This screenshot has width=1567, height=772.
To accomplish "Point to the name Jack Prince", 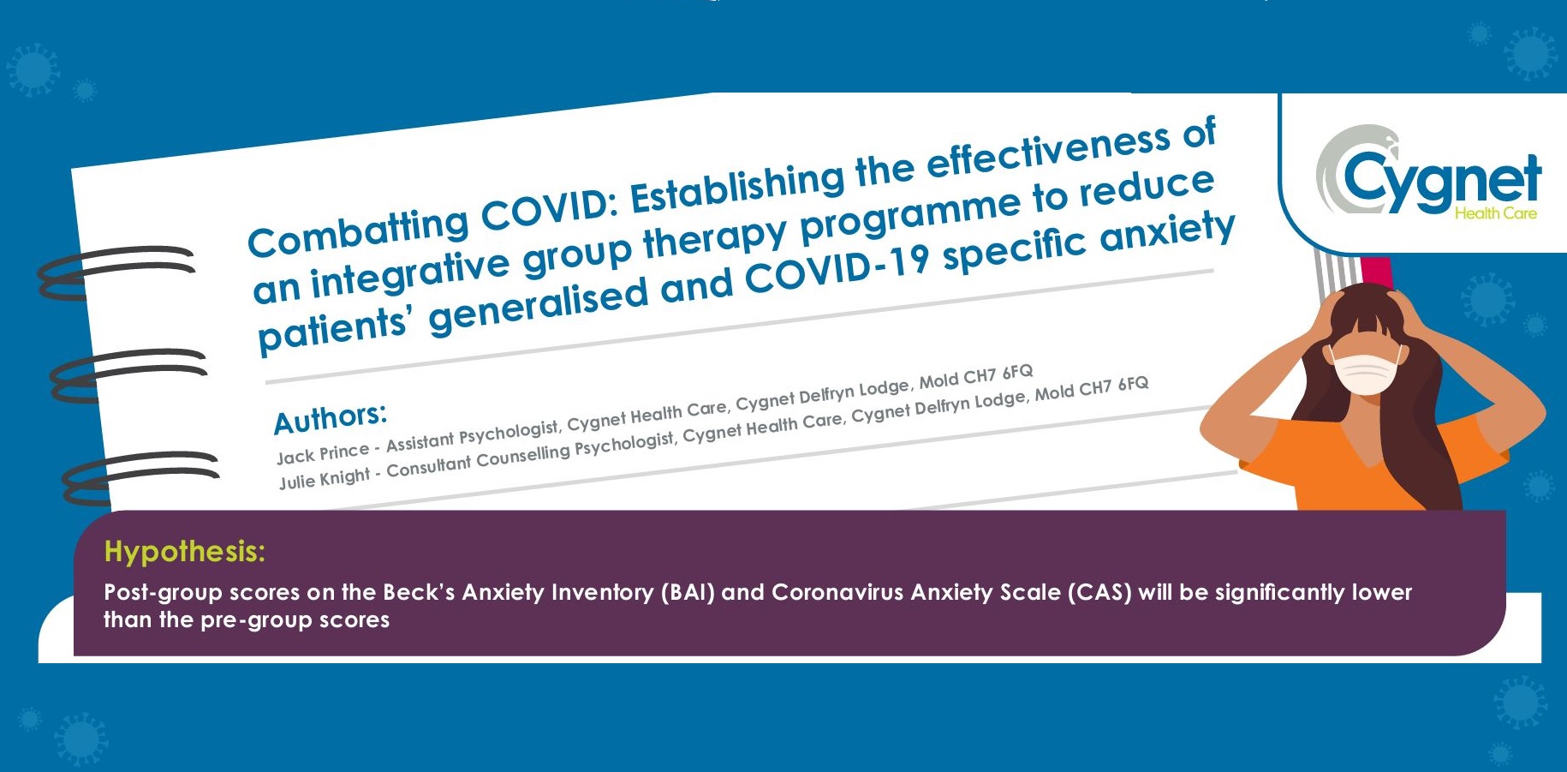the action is click(x=323, y=452).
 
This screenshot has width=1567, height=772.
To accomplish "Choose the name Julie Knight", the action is click(x=325, y=478).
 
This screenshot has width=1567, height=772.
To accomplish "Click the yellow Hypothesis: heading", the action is click(x=185, y=552).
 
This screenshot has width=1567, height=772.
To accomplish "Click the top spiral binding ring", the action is click(x=116, y=272).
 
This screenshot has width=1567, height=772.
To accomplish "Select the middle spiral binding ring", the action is click(x=128, y=375).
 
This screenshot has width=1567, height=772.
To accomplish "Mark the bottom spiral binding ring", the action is click(x=140, y=477).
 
